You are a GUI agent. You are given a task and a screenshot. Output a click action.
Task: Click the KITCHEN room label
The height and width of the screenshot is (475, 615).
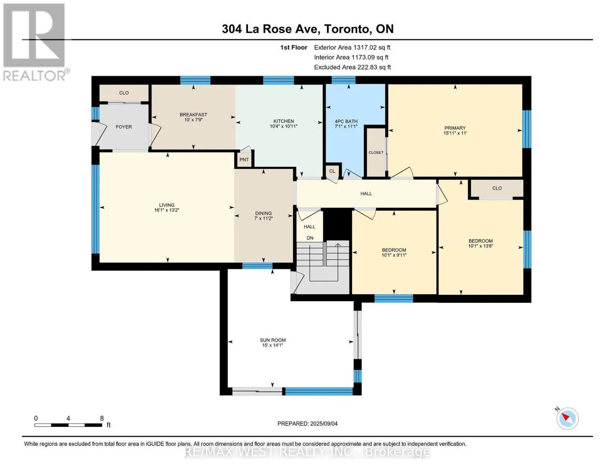tap(283, 121)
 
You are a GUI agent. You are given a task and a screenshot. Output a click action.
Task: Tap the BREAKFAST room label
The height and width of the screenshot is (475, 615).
tap(193, 114)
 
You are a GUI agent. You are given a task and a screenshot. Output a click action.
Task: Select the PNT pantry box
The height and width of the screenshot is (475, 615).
tap(244, 160)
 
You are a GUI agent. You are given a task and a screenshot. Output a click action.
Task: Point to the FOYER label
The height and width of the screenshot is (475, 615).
tap(124, 127)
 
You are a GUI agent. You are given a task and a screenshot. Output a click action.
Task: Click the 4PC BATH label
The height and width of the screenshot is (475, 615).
tap(346, 122)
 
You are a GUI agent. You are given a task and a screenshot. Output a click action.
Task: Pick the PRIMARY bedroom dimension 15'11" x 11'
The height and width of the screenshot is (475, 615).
tap(455, 133)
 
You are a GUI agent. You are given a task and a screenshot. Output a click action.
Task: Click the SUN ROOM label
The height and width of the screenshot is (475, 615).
tap(273, 340)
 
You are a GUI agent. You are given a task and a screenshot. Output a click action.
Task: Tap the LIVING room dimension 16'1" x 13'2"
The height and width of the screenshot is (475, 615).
tap(167, 210)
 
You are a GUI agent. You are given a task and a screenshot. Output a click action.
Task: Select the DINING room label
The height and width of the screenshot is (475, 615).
tap(263, 213)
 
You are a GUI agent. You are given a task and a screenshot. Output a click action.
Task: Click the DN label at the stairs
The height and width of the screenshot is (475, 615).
tap(310, 238)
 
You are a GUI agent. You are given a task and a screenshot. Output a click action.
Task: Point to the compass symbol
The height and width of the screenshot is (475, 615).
tap(567, 419)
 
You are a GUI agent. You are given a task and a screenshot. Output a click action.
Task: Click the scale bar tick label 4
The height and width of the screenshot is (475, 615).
tap(68, 418)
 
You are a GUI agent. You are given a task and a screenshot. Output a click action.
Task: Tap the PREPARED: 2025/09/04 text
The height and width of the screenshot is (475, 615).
tap(307, 424)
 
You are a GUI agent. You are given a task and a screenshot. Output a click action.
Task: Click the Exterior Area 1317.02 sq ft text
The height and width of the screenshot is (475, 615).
tap(352, 47)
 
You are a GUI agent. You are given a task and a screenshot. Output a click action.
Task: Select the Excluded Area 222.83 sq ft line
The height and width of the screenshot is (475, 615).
tap(352, 67)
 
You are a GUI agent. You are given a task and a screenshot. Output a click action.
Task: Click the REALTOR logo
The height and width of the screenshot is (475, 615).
tap(35, 42)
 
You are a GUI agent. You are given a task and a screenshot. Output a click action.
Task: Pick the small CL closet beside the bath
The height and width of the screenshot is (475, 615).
tap(332, 171)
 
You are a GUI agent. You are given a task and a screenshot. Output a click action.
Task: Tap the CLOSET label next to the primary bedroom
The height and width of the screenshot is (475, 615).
tap(376, 152)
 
